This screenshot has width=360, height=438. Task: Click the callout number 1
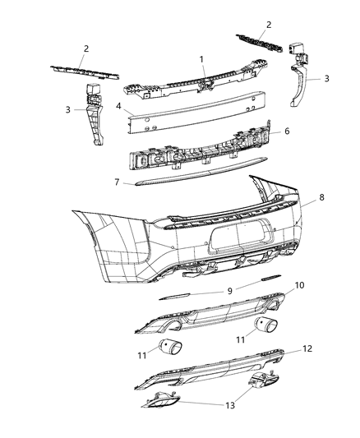pos(200,59)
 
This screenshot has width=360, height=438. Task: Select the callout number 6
pos(286,131)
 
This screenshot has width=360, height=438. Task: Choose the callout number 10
pos(299,285)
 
